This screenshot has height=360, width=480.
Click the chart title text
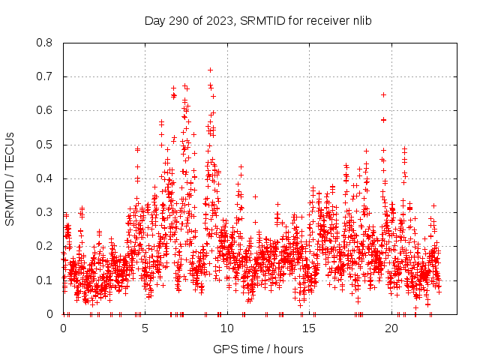pyautogui.click(x=259, y=21)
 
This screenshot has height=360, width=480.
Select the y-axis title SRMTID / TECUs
pyautogui.click(x=10, y=178)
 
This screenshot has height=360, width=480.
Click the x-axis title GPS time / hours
pyautogui.click(x=258, y=349)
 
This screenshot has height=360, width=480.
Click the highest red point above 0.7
pyautogui.click(x=210, y=70)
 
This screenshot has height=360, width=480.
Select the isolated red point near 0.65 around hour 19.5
pyautogui.click(x=383, y=94)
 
